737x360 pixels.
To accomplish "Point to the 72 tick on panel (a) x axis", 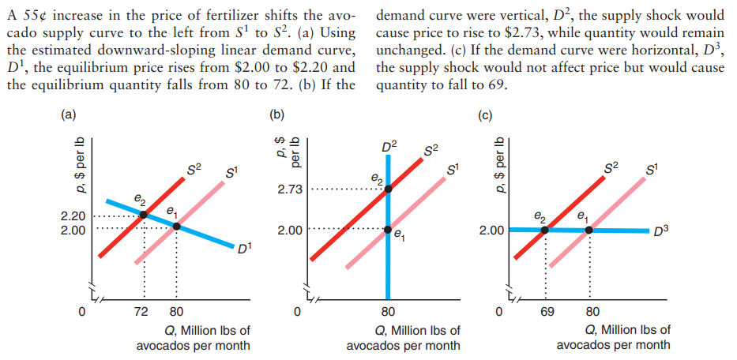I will coord(143,311).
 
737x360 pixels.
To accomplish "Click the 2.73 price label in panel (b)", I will coord(290,189).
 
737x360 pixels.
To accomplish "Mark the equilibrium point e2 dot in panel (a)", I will coord(143,215).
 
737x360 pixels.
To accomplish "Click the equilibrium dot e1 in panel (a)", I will coord(176,227).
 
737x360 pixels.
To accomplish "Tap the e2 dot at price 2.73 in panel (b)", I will coord(388,189).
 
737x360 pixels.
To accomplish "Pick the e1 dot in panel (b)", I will coord(388,230).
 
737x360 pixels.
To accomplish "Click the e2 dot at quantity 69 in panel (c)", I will coord(545,230).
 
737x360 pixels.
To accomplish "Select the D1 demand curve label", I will coord(244,249).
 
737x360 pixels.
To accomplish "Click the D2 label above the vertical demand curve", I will coord(389,147).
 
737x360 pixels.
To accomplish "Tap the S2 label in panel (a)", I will coord(194,167).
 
